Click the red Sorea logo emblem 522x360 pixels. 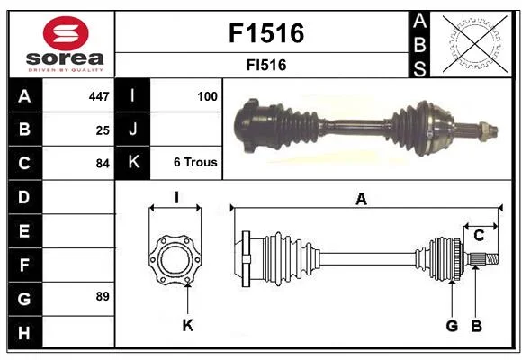coord(66,33)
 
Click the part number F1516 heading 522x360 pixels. coord(266,33)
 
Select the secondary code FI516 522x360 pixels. coord(266,65)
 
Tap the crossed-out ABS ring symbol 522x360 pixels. coord(475,44)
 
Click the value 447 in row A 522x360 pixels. coord(99,96)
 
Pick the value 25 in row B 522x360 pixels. coord(103,130)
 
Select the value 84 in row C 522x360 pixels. coord(103,164)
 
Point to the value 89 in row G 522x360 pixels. coord(103,296)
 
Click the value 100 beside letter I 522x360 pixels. coord(207,96)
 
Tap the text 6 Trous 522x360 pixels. coord(195,162)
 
